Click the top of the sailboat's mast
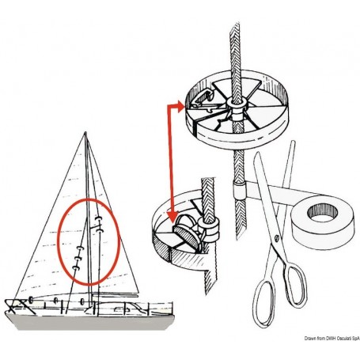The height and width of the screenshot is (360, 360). (x=87, y=135)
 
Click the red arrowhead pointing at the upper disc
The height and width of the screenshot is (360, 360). (x=184, y=103)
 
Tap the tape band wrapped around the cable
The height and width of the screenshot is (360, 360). (x=237, y=190)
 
